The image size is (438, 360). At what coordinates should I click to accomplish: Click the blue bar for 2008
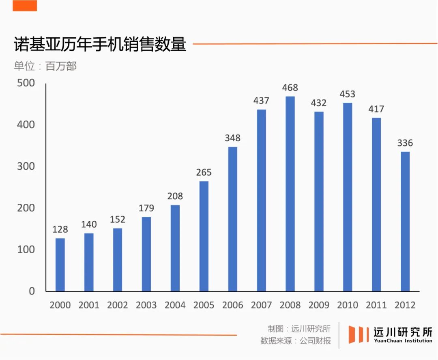coord(290,194)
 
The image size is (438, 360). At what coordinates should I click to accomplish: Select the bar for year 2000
coord(60,265)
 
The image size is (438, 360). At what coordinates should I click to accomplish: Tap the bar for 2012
coord(405,221)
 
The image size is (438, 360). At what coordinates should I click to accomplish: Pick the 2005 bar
coord(204,236)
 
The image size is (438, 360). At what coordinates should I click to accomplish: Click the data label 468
coord(290,88)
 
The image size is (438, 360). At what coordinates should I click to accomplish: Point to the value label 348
coord(233,138)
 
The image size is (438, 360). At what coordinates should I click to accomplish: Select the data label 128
coord(60,230)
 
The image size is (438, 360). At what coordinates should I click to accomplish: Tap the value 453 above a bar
coord(348,94)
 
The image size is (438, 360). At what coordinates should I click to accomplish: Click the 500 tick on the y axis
coord(26,83)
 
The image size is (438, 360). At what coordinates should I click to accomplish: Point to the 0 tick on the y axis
coord(31,291)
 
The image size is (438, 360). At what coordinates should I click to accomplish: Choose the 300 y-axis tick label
coord(26,166)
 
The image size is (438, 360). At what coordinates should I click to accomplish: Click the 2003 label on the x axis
coord(146,305)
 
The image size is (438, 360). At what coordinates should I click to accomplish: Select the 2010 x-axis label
coord(348,305)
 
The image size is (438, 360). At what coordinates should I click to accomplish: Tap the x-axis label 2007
coord(262,305)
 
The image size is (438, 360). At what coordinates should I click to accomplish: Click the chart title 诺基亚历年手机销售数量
coord(100,44)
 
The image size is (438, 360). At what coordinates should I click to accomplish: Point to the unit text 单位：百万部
coord(45,66)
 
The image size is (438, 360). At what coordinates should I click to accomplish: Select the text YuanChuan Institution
coord(403,341)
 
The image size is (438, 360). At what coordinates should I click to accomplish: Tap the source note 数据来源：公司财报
coord(296,341)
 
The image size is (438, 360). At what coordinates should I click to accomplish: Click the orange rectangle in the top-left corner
coord(25,6)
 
